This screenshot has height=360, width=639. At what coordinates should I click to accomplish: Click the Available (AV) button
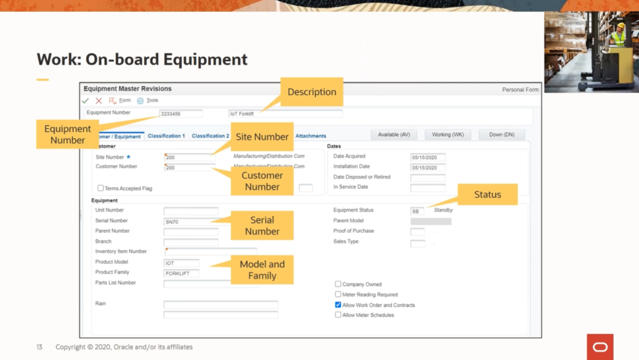(x=394, y=135)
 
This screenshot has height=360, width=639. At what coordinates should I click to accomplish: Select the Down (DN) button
(x=501, y=135)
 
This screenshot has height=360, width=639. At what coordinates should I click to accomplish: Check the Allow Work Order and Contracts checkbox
(x=338, y=305)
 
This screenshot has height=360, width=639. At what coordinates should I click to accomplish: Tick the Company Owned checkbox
(x=338, y=285)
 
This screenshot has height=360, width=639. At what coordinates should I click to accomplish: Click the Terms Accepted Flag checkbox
(x=100, y=188)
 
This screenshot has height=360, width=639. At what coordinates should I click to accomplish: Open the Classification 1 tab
(x=166, y=136)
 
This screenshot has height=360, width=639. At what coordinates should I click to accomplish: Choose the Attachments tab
(x=311, y=136)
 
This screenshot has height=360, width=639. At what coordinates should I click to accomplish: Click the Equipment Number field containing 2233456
(x=180, y=114)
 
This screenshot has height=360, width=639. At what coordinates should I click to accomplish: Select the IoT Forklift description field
(x=285, y=114)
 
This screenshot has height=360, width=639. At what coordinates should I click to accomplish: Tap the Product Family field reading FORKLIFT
(x=182, y=273)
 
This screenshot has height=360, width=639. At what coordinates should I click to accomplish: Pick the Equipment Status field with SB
(x=417, y=212)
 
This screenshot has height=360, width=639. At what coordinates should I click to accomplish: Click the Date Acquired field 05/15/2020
(x=427, y=157)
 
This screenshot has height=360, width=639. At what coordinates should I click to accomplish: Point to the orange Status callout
(x=487, y=195)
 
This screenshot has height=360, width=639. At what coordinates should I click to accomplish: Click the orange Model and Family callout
(x=262, y=270)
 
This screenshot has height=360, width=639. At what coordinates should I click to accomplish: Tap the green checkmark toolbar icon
(x=85, y=100)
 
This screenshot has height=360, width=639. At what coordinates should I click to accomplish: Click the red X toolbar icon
(x=99, y=100)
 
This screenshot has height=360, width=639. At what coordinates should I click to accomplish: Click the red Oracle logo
(x=600, y=347)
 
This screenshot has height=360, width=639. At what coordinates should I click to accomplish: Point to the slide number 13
(x=39, y=347)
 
